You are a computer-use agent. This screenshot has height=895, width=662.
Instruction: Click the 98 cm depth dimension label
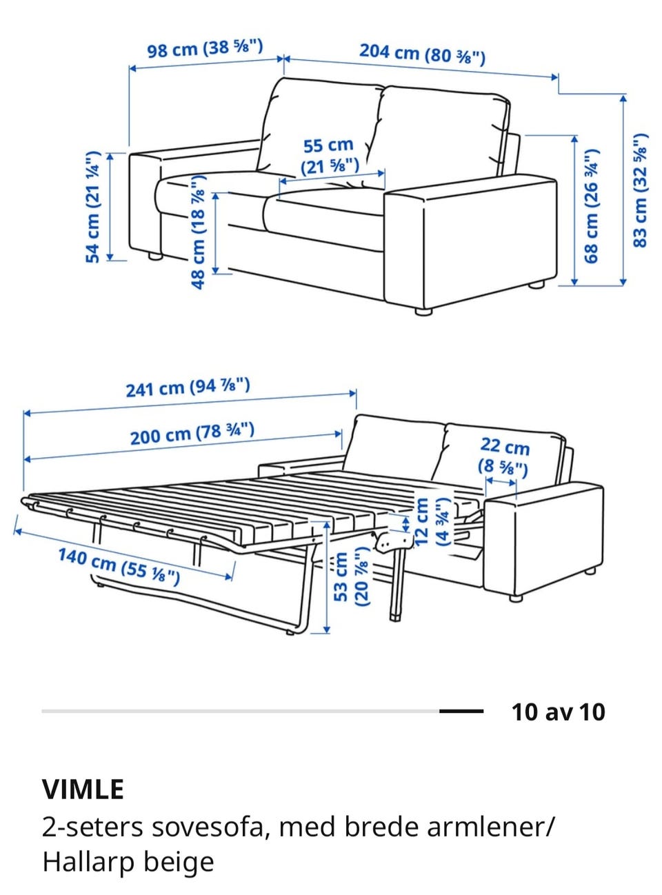point(205,48)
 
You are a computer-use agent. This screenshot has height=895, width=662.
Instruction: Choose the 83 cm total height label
point(640,190)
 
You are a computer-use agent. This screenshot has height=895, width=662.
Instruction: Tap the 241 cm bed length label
point(188,388)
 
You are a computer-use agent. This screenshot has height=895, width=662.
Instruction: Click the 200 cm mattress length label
point(192,434)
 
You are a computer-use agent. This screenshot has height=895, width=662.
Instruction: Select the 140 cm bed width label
point(119,566)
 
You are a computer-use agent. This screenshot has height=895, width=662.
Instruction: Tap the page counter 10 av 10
point(559,712)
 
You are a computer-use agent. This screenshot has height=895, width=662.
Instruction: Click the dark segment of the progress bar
point(461,712)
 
